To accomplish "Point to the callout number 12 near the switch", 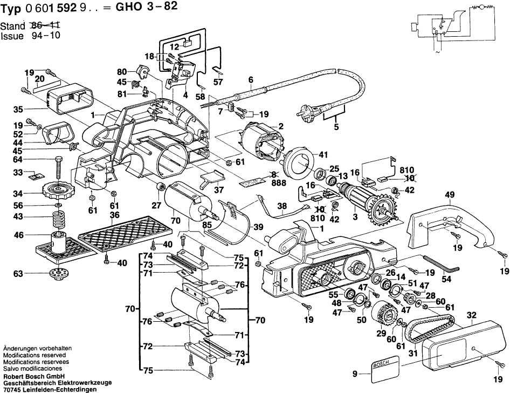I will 174,47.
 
